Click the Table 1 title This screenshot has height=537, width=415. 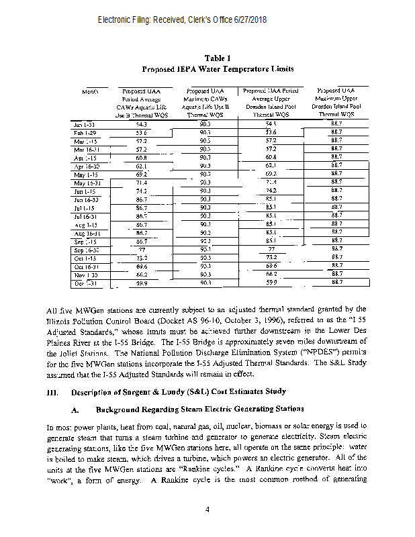click(218, 58)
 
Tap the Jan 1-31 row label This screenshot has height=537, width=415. click(85, 124)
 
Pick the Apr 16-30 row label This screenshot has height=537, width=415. click(87, 164)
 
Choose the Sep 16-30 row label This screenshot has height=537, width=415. click(87, 249)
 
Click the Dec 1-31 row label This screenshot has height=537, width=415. click(86, 283)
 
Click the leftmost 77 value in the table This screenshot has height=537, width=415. click(142, 249)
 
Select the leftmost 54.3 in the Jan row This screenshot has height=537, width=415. click(142, 124)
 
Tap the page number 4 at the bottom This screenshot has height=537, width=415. click(208, 509)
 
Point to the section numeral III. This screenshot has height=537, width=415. click(52, 391)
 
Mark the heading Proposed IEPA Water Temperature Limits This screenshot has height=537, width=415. click(218, 69)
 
